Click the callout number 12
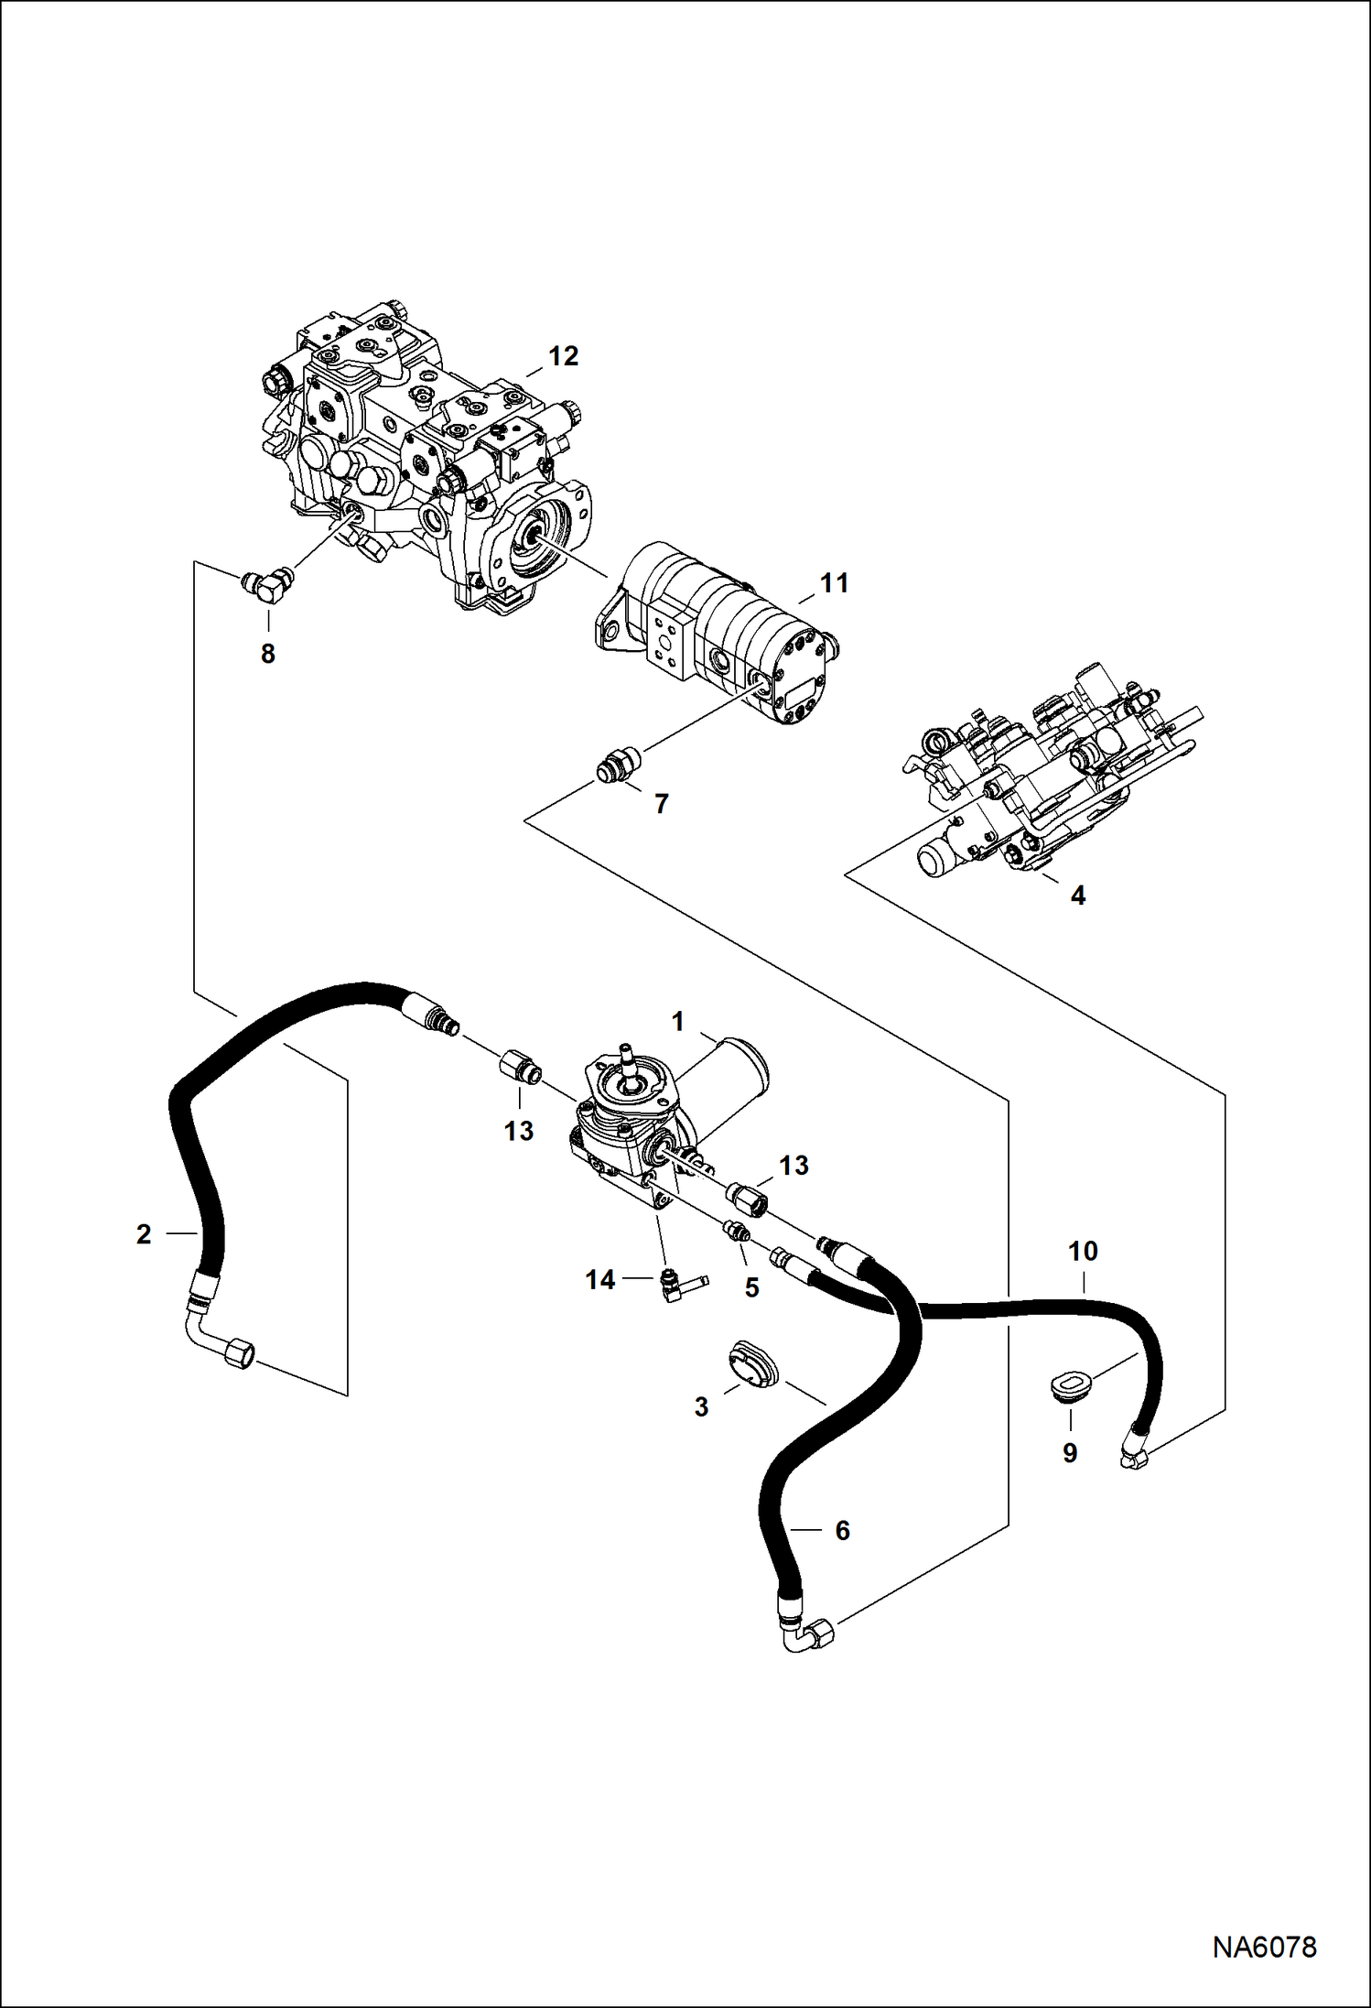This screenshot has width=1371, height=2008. pos(563,356)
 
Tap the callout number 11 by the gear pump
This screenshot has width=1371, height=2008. pos(834,583)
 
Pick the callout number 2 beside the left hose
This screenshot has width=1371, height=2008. pos(144,1234)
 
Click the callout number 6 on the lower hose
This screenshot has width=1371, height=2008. pos(842,1530)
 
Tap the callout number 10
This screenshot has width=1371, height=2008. pos(1083,1251)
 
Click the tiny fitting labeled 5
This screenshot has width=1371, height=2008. pos(737,1232)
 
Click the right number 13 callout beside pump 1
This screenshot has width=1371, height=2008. pos(793,1166)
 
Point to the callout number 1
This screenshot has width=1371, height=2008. pos(678,1022)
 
